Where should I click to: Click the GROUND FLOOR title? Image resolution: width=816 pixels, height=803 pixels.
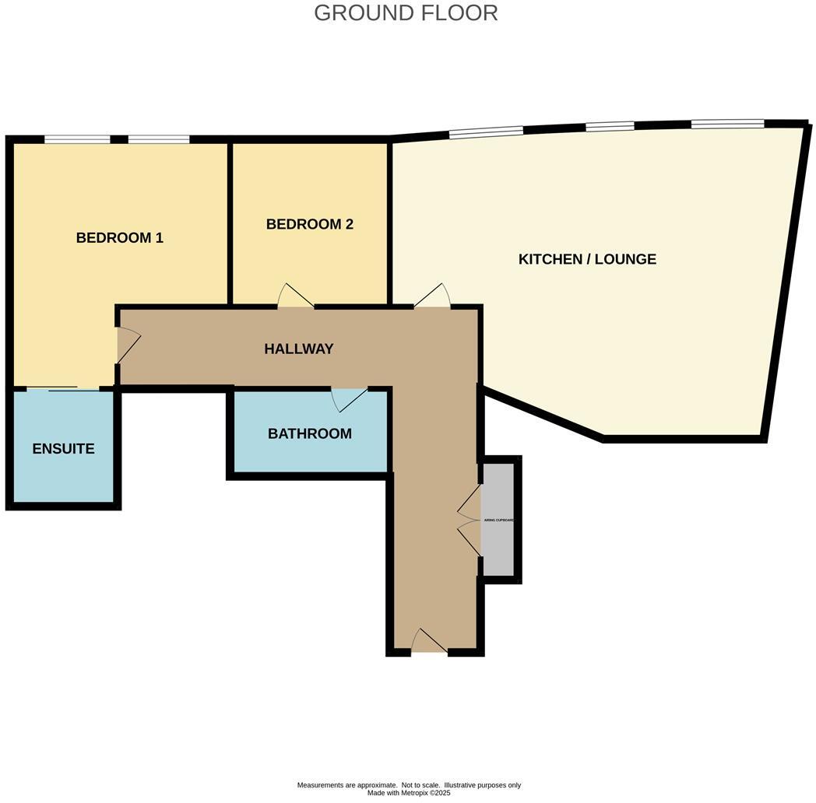coord(406,13)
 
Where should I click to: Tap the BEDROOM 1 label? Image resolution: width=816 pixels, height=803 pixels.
coord(119,238)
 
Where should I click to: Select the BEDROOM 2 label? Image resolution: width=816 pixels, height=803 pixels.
coord(309,224)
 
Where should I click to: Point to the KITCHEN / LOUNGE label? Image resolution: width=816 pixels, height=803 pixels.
coord(587,259)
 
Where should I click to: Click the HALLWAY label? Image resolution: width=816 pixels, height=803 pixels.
coord(298,349)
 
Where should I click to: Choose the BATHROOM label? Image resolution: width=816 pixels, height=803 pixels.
coord(309,433)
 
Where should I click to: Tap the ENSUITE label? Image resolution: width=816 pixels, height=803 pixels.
coord(63,449)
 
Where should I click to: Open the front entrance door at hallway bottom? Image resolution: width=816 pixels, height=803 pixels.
coord(429,642)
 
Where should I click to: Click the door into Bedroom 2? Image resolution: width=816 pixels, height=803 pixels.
coord(296,296)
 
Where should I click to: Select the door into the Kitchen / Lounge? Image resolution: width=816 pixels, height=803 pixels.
coord(433,296)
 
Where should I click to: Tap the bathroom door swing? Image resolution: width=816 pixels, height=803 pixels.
coord(348,398)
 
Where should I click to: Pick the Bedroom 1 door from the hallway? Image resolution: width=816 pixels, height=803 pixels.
coord(127,345)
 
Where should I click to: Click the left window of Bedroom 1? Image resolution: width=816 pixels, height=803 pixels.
coord(77,140)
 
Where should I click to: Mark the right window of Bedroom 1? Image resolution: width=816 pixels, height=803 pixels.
coord(159,140)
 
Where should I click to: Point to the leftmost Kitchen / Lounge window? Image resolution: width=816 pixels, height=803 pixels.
coord(486,133)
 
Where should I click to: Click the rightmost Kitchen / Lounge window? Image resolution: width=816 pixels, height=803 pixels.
coord(727,123)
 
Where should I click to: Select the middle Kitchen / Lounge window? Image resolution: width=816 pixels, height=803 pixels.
coord(610,127)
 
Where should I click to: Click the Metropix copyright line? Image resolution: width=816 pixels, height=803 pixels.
coord(409,793)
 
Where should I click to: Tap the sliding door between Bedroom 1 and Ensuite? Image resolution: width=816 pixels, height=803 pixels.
coord(62,388)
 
